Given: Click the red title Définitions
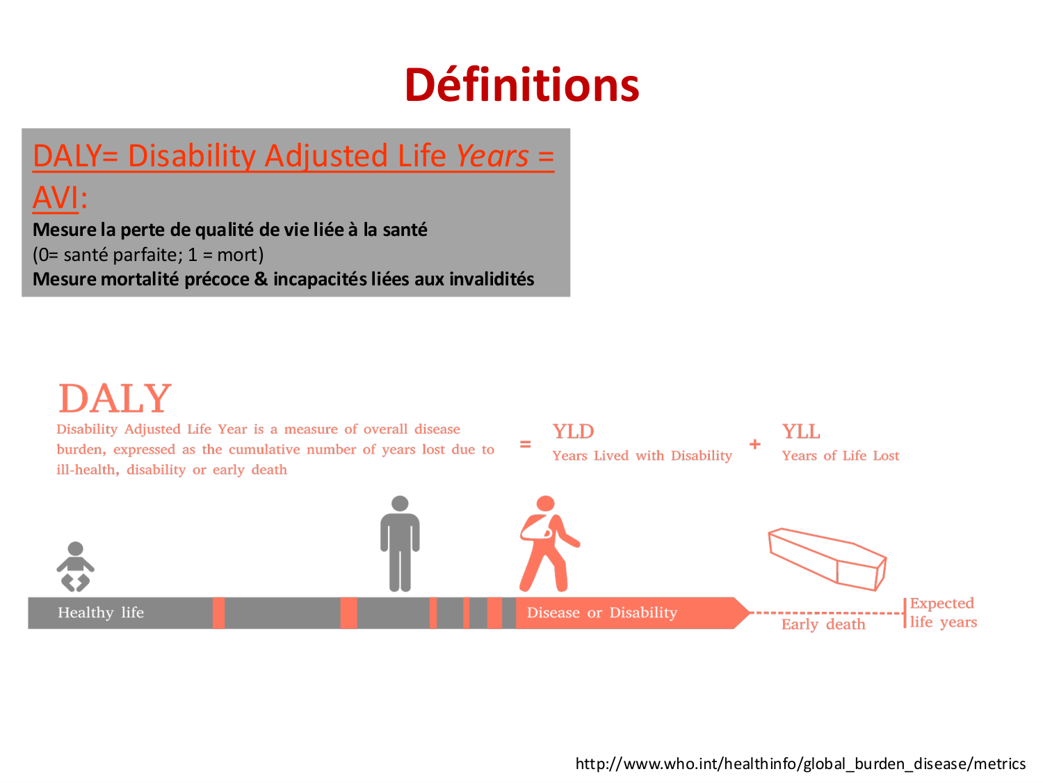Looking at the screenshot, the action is coord(521,85).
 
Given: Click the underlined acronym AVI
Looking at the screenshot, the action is coord(55,197).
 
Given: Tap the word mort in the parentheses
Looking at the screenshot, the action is coord(236,254).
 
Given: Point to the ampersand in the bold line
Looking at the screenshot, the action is coord(260,278).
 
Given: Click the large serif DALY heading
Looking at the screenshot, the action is coord(115,398).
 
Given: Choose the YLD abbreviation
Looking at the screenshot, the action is coord(572,432).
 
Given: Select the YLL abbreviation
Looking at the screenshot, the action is coord(800,432).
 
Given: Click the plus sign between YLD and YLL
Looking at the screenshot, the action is coord(754,444).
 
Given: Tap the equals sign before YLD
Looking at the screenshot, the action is coord(524,444).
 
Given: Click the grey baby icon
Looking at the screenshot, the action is coord(75,566).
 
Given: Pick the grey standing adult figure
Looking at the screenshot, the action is coord(400,544).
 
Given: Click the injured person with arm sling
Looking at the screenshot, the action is coord(549,544).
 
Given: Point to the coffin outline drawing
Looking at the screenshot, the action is coord(827,559).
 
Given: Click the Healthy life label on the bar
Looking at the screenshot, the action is coord(101,612).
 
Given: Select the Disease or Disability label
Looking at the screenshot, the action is coord(601,612).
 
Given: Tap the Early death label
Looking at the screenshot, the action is coord(823,624).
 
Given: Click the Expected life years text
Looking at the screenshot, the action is coord(943,612).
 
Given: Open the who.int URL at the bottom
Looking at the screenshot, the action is coord(800,764).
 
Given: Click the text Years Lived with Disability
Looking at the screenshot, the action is coord(642,455).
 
